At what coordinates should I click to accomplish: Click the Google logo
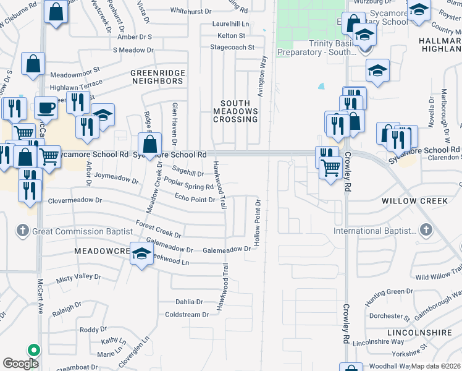(20, 364)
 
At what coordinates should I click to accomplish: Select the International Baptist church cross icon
(425, 231)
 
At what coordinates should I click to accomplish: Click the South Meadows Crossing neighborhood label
(235, 111)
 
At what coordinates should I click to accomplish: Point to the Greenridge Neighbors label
(157, 77)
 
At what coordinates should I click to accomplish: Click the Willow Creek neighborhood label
(413, 202)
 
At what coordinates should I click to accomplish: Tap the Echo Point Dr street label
(195, 198)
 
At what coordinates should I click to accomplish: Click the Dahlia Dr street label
(189, 302)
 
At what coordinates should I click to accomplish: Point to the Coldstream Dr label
(187, 315)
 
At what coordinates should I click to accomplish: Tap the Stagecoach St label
(232, 47)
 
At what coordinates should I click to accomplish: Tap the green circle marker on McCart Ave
(33, 349)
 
